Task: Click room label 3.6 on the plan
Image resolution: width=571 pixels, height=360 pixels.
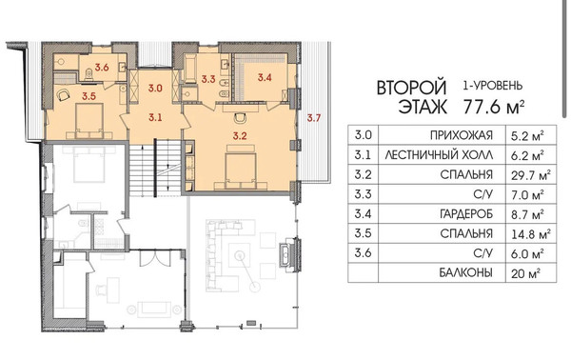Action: [x=102, y=67]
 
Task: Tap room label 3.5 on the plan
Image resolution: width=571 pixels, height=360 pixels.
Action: [x=89, y=96]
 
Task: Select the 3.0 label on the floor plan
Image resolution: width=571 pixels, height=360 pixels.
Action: [x=155, y=89]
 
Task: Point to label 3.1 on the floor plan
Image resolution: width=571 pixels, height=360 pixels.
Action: [x=155, y=117]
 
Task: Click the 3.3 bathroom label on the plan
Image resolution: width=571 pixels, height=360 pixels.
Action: [x=208, y=79]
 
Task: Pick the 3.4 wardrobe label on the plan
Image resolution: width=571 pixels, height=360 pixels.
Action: [x=265, y=77]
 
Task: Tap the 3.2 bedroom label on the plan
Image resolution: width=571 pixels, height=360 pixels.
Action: [x=240, y=136]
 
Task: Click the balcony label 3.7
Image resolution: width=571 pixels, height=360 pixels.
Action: [x=313, y=118]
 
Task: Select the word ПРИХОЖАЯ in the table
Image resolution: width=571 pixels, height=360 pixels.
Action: [x=461, y=135]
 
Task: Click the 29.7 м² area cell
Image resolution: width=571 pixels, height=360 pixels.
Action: [x=531, y=175]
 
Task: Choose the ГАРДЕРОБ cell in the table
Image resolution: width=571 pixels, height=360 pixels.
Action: [x=466, y=214]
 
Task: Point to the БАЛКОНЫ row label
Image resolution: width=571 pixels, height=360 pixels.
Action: [x=465, y=272]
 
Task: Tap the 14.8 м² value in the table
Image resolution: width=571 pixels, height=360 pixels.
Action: [x=531, y=233]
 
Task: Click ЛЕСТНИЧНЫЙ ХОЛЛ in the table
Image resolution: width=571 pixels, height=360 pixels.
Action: [x=439, y=155]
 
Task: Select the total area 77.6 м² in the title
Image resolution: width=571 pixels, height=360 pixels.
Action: [x=495, y=107]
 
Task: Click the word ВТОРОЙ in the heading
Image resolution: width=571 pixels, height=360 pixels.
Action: [x=411, y=88]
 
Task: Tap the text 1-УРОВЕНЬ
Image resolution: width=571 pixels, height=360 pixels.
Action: [x=493, y=86]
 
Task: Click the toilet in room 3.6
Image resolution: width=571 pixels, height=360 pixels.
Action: [x=89, y=74]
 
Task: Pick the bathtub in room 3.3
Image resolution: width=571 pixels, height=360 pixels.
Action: [x=189, y=69]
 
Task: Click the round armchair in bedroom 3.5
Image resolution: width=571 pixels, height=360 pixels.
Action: [x=63, y=94]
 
